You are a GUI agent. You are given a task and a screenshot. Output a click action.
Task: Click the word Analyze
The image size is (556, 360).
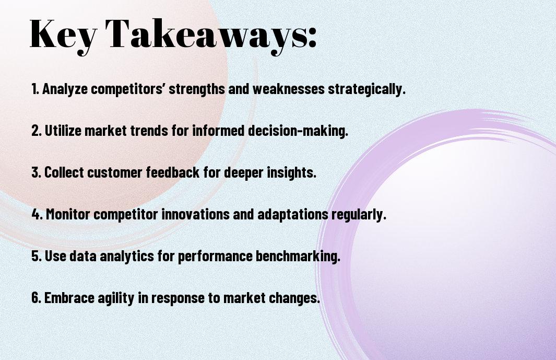pyautogui.click(x=65, y=89)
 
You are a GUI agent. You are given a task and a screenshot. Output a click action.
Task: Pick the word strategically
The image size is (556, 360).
pyautogui.click(x=366, y=89)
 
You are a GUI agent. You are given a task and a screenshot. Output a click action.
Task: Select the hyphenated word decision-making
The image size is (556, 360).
pyautogui.click(x=298, y=131)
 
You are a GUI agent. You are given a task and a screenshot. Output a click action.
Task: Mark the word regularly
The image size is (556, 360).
pyautogui.click(x=359, y=215)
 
